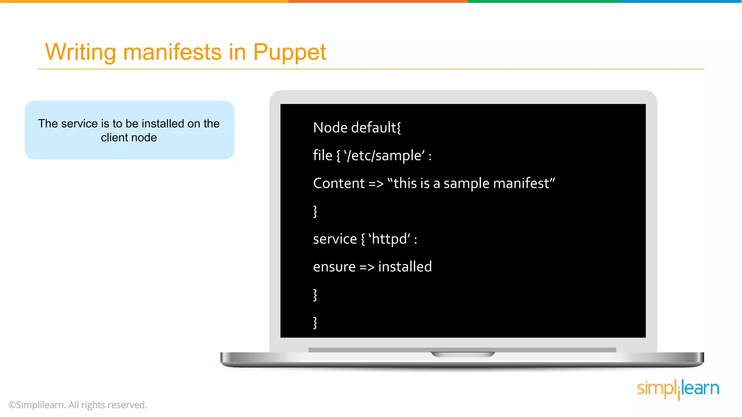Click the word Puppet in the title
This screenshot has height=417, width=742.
(289, 52)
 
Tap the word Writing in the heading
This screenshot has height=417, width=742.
(80, 52)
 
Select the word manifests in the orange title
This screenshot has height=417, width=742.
(172, 52)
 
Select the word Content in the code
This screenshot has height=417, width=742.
(339, 184)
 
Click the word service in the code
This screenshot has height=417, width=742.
(335, 239)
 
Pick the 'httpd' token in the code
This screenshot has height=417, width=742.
(390, 239)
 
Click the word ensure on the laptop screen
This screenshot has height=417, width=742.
(334, 267)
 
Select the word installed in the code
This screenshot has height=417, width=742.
(405, 267)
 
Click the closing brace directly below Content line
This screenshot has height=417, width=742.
(315, 211)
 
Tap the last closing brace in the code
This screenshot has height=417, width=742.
(315, 323)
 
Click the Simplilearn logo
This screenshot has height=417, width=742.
(678, 389)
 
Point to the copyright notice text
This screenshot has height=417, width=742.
(78, 405)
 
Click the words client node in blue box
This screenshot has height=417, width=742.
(129, 138)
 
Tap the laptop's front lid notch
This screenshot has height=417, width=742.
(462, 354)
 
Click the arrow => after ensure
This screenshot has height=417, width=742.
(367, 267)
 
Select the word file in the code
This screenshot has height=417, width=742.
(322, 156)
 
